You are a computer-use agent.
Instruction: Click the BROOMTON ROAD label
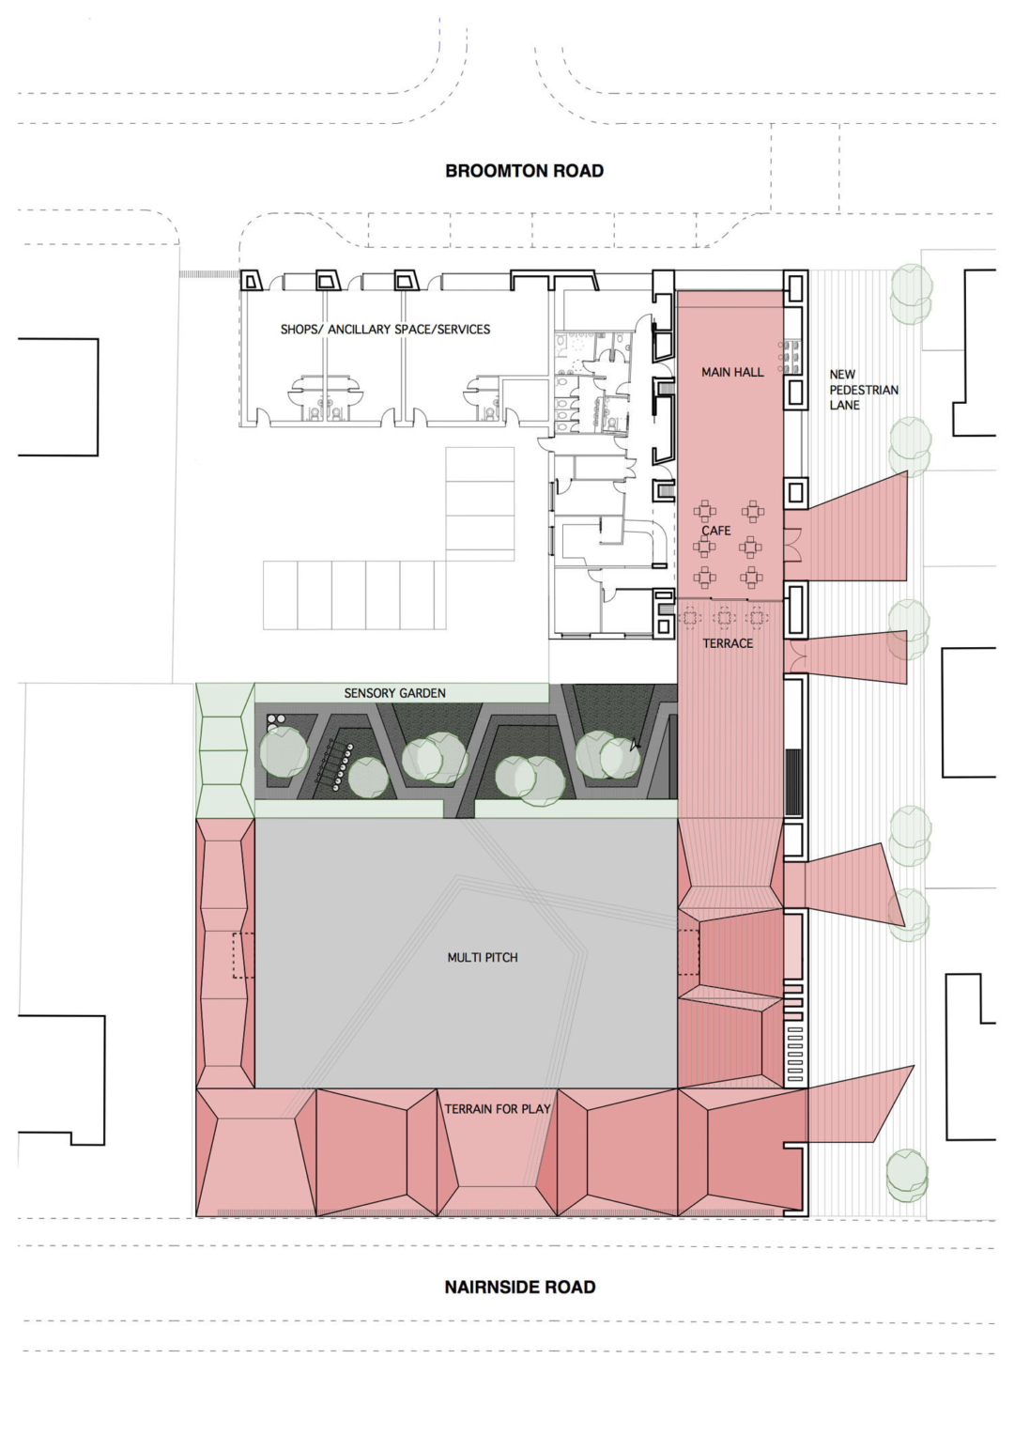pyautogui.click(x=524, y=171)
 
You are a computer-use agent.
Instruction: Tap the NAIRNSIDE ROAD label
pyautogui.click(x=520, y=1288)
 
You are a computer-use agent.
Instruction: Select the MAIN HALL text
pyautogui.click(x=732, y=373)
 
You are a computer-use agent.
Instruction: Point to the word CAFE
pyautogui.click(x=716, y=531)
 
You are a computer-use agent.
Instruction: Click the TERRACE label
pyautogui.click(x=728, y=643)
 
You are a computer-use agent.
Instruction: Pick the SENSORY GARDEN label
pyautogui.click(x=394, y=693)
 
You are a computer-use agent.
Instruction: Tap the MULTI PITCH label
pyautogui.click(x=483, y=958)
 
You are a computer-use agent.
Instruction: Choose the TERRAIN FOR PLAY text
pyautogui.click(x=498, y=1109)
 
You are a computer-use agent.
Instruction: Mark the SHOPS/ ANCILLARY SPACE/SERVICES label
pyautogui.click(x=385, y=330)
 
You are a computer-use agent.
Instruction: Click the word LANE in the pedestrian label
pyautogui.click(x=844, y=405)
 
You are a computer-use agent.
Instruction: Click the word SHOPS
pyautogui.click(x=300, y=330)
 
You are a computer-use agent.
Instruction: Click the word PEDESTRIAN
pyautogui.click(x=864, y=390)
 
